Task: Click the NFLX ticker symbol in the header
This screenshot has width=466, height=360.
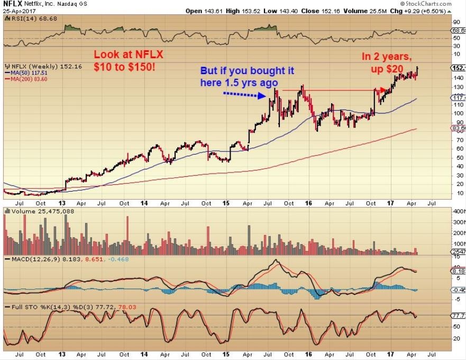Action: tap(13, 4)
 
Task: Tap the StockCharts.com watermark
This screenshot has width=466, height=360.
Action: tap(433, 4)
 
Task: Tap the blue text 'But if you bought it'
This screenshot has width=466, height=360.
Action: tap(247, 70)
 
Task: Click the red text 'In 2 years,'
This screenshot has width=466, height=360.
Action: tap(387, 57)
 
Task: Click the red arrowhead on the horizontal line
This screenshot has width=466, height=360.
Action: tap(383, 91)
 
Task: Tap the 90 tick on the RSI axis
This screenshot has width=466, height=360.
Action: tap(455, 22)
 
